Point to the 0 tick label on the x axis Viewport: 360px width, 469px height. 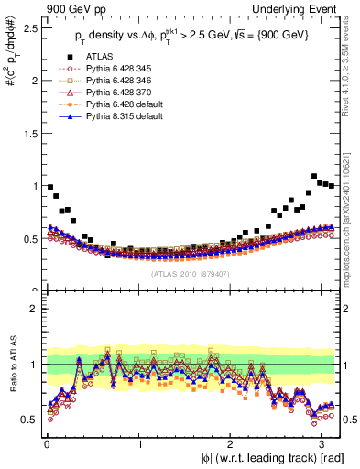[47, 444]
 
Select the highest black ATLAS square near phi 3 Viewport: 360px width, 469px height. [314, 176]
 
